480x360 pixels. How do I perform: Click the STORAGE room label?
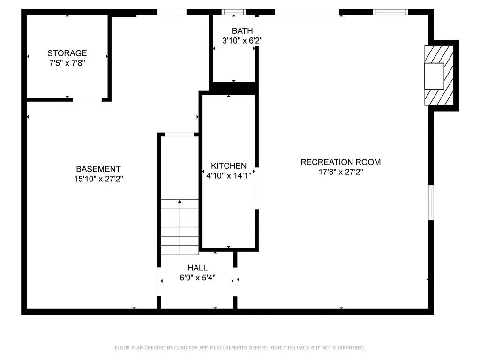click(x=67, y=53)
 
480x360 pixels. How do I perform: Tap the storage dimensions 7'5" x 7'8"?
click(x=67, y=62)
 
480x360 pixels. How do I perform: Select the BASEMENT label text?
click(x=98, y=169)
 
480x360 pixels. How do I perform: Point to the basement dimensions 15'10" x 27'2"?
click(x=98, y=178)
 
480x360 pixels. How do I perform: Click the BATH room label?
click(x=242, y=31)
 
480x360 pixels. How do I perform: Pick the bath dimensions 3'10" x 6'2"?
click(x=242, y=41)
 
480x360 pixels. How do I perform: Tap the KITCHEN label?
click(x=229, y=166)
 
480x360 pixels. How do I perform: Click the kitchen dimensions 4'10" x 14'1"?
click(x=229, y=175)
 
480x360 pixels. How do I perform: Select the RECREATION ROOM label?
click(x=340, y=162)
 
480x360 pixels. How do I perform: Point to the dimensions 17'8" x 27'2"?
click(x=340, y=172)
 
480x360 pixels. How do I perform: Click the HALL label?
click(x=197, y=268)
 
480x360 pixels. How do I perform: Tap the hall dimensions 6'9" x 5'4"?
click(x=197, y=277)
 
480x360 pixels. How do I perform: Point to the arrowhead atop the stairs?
click(x=180, y=202)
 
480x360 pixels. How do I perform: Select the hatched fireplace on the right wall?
click(x=439, y=75)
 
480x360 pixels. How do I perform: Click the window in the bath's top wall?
click(x=233, y=12)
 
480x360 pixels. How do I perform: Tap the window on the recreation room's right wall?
click(x=431, y=202)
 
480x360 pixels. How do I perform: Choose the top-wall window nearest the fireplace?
click(x=390, y=12)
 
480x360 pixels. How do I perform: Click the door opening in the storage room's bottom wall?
click(x=87, y=99)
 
